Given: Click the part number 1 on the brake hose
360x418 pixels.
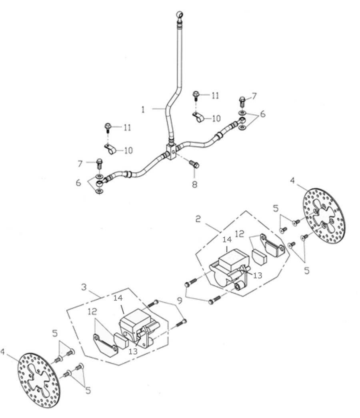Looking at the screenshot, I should point(143,109).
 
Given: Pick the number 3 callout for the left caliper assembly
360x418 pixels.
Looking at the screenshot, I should point(83,287).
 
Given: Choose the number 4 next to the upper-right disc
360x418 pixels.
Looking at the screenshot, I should point(292,181).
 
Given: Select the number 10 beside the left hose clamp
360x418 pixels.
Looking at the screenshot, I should point(128,150).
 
